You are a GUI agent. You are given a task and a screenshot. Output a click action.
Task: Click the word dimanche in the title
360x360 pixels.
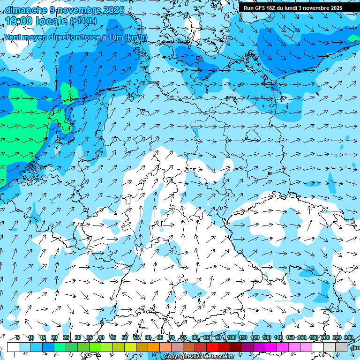(x=26, y=10)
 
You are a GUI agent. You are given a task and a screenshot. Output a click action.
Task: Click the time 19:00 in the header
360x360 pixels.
(x=19, y=21)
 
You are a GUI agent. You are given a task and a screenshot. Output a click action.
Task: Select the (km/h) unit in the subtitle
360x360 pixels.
(x=136, y=37)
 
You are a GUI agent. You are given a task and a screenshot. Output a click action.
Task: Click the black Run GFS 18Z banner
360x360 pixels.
(x=293, y=8)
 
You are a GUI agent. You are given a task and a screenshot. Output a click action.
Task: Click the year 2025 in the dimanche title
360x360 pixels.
(x=112, y=10)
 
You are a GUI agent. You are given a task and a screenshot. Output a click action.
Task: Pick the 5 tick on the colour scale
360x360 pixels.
(x=18, y=337)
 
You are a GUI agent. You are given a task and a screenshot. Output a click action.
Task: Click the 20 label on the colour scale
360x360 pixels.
(x=54, y=337)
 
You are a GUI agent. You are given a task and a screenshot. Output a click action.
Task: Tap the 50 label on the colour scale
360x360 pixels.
(x=125, y=337)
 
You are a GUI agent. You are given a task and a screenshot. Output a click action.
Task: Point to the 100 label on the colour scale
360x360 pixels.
(x=231, y=337)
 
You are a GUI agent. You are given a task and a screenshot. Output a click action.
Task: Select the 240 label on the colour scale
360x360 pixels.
(x=349, y=337)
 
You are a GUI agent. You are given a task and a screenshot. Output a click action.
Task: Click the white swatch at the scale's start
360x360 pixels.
(x=13, y=347)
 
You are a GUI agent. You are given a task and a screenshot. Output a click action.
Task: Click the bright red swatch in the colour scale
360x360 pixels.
(x=212, y=347)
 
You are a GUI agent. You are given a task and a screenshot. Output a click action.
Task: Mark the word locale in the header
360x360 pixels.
(x=51, y=21)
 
